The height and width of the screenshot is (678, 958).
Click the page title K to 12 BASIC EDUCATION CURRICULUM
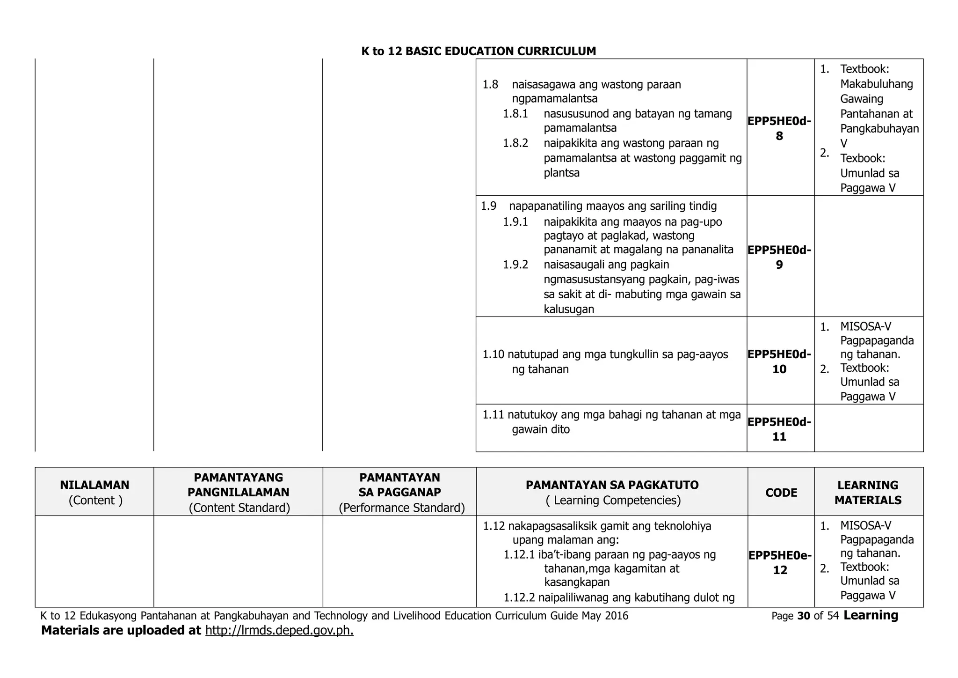coord(479,52)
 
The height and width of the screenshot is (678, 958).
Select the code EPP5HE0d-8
coord(779,129)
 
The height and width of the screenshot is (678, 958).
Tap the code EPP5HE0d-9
coord(779,258)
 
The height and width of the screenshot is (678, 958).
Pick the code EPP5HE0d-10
coord(779,362)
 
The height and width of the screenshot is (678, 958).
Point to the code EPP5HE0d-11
coord(779,429)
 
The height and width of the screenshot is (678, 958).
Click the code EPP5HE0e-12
coord(780,563)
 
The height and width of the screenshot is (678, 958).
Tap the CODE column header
coord(781,493)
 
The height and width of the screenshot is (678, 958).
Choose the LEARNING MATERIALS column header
coord(868,493)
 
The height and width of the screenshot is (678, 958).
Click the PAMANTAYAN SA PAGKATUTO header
coord(612,485)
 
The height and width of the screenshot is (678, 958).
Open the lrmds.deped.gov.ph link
coord(279,631)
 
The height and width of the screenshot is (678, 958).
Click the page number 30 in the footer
coord(804,616)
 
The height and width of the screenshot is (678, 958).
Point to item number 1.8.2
coord(515,143)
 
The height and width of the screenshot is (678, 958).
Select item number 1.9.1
coord(515,222)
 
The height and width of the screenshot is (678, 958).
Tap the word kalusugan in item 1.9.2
coord(569,309)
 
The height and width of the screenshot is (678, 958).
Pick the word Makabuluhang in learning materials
coord(876,84)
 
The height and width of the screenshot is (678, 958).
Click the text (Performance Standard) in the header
coord(402,508)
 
